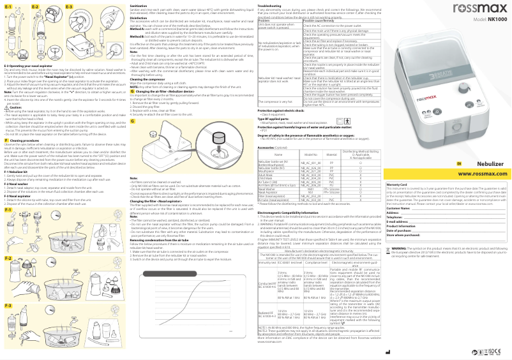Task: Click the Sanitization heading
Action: pos(140,5)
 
